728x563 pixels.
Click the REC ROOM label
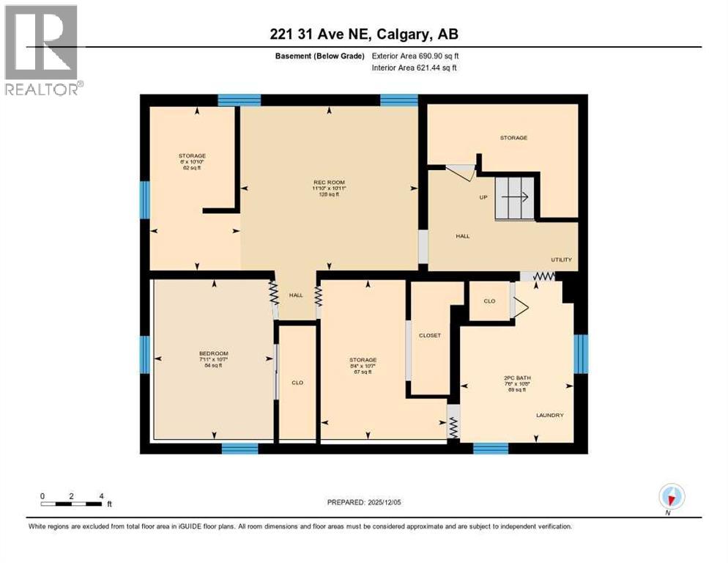[x=329, y=182]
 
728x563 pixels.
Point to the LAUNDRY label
[x=549, y=415]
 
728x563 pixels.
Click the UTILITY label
[x=562, y=260]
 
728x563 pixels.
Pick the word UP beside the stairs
[x=483, y=196]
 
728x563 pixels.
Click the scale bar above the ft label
[x=71, y=504]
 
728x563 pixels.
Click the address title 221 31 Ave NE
[x=363, y=34]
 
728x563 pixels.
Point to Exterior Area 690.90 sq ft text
[x=415, y=56]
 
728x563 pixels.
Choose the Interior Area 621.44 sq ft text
[x=415, y=68]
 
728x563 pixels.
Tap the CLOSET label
[x=429, y=335]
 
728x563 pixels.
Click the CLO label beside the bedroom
[x=297, y=382]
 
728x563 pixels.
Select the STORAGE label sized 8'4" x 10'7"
[x=363, y=360]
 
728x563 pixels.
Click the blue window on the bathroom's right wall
[x=581, y=353]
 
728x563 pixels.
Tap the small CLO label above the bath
[x=490, y=301]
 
